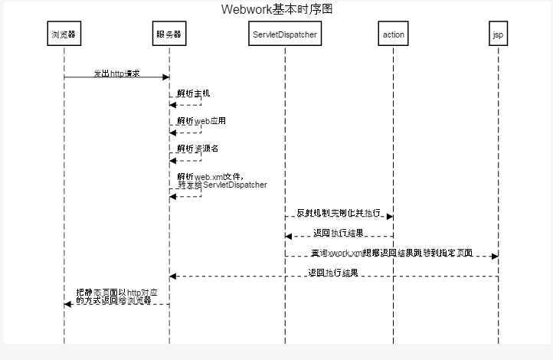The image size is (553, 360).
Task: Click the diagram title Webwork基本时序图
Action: pos(276,9)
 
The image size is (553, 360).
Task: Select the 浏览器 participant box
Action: pos(64,34)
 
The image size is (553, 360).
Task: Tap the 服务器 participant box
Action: pos(169,34)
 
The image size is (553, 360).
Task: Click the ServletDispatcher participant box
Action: pos(285,34)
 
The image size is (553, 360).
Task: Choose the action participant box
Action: pos(394,34)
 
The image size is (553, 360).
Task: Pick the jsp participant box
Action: pos(499,34)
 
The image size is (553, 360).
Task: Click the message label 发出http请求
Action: pos(116,74)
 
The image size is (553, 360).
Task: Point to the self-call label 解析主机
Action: pos(193,93)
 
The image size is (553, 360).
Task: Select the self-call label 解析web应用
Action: pos(201,121)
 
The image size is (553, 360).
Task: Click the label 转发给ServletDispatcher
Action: pos(222,185)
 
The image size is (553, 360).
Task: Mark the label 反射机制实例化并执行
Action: pos(338,212)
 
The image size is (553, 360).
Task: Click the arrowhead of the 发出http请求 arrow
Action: pos(165,77)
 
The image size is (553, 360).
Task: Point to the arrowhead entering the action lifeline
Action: pos(390,217)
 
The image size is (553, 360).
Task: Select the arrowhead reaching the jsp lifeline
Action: pos(495,257)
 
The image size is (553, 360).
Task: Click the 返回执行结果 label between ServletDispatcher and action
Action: pos(339,233)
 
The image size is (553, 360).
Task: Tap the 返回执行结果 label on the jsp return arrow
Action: pos(333,273)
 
